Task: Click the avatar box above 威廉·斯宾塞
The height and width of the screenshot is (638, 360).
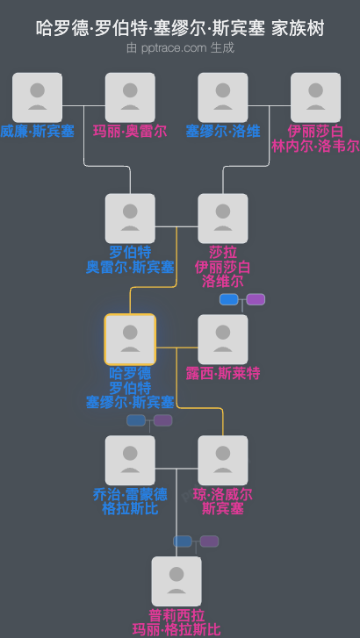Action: [38, 97]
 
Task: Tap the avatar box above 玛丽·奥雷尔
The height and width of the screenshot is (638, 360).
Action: [130, 97]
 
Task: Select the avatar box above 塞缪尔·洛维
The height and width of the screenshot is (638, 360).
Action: [223, 97]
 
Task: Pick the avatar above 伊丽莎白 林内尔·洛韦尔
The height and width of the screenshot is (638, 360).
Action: [315, 97]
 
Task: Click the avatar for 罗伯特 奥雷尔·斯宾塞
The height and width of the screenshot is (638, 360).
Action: [130, 219]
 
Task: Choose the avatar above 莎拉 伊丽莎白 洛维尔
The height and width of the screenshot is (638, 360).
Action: [223, 219]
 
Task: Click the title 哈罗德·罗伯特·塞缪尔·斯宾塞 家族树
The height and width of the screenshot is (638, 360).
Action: [180, 29]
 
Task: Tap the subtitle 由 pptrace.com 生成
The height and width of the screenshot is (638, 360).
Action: [180, 48]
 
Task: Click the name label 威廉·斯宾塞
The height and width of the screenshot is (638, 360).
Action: [38, 132]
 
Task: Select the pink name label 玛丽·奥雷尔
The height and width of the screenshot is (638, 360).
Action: [130, 132]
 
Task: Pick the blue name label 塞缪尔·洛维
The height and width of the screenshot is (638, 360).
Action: [223, 132]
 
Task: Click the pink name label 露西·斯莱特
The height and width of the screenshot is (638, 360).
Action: [223, 374]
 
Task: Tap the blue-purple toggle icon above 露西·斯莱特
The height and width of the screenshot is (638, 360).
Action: [242, 300]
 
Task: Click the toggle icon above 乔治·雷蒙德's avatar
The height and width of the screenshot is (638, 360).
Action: [150, 421]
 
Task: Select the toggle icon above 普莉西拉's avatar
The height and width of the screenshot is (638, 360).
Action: [196, 541]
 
